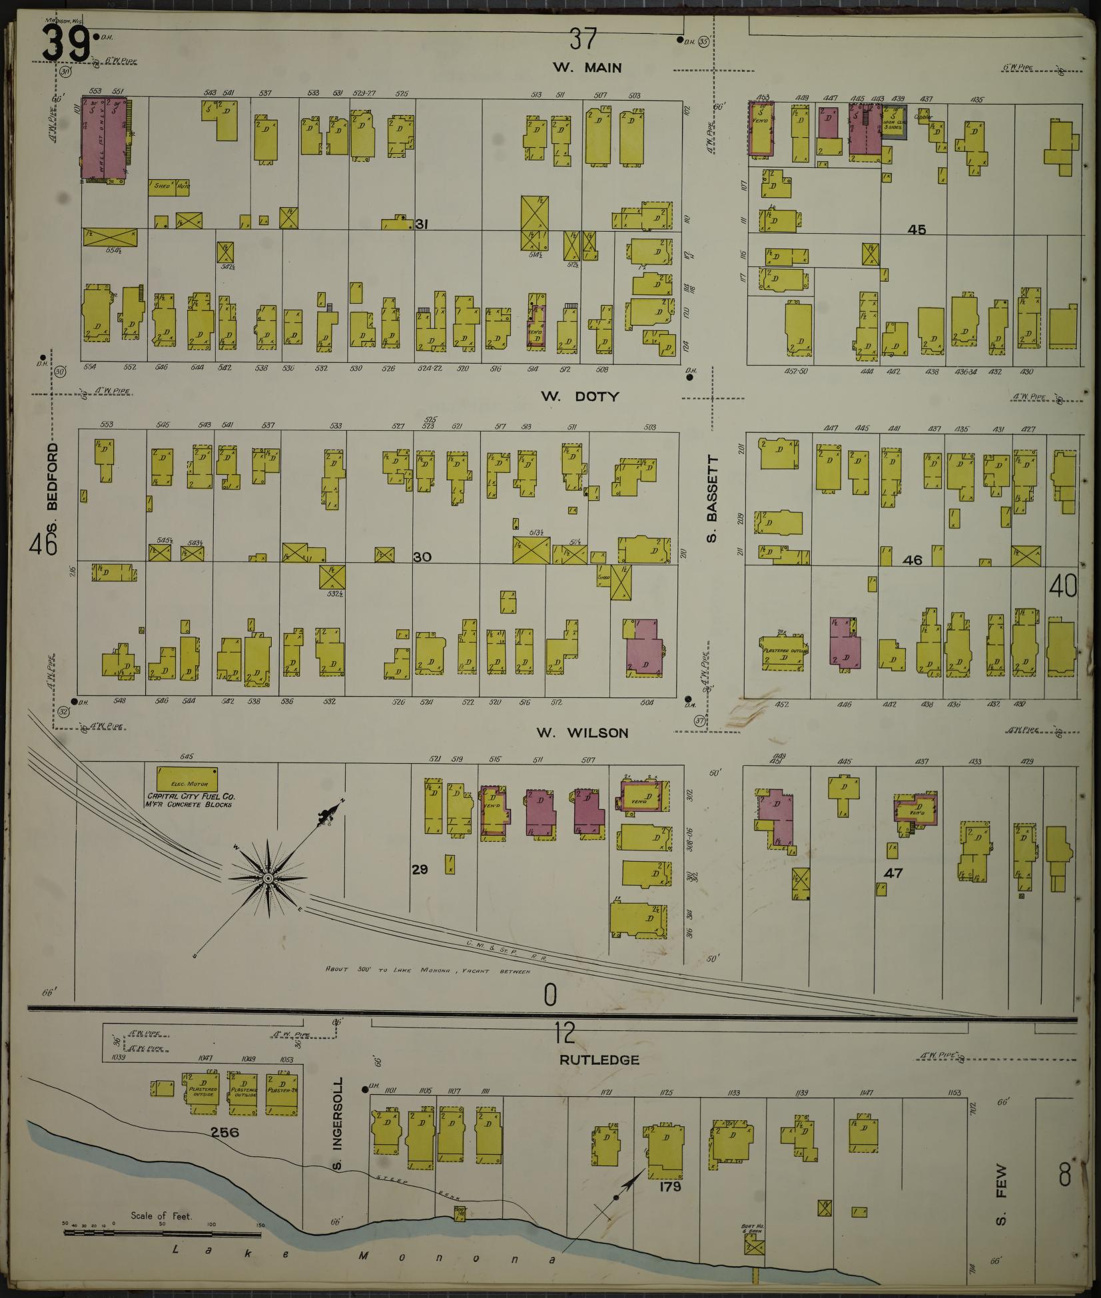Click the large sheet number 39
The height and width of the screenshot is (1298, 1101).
point(67,45)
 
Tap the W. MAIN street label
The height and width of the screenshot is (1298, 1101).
point(587,67)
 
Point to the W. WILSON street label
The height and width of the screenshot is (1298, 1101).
point(582,733)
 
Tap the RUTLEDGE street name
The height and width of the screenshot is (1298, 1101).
point(599,1060)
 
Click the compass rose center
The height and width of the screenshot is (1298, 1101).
point(268,879)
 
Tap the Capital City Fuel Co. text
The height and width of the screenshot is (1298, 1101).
point(190,800)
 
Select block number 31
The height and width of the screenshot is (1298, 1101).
point(421,224)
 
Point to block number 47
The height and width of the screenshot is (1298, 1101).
point(893,872)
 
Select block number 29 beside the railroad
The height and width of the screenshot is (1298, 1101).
point(419,868)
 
